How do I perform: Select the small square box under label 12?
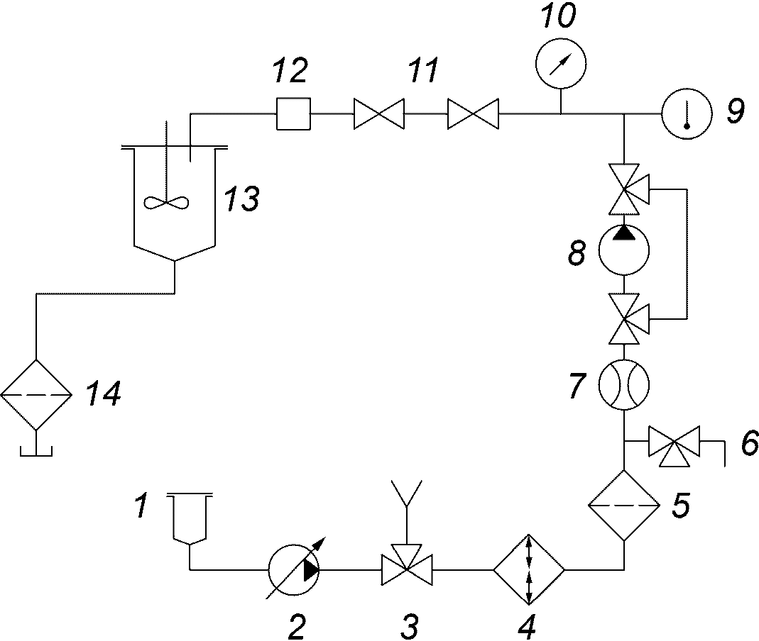[293, 113]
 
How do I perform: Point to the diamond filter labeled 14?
[36, 395]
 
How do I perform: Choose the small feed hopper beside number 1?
[190, 517]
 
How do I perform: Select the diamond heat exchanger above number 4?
[528, 569]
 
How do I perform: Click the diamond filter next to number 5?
[624, 505]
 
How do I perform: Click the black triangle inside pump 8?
[624, 233]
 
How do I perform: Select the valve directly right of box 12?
[379, 114]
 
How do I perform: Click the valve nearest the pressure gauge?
[473, 114]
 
